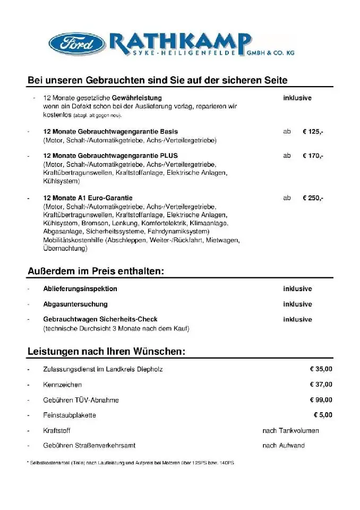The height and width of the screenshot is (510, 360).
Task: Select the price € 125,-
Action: pyautogui.click(x=313, y=132)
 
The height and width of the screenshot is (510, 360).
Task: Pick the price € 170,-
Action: pyautogui.click(x=313, y=156)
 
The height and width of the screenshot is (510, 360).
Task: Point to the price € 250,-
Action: pyautogui.click(x=313, y=198)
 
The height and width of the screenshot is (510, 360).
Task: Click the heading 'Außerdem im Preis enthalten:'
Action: pyautogui.click(x=96, y=271)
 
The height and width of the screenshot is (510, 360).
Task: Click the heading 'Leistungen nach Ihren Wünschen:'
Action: pyautogui.click(x=106, y=352)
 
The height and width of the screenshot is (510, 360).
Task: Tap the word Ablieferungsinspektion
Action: pyautogui.click(x=80, y=289)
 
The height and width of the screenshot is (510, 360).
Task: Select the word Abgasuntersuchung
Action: pyautogui.click(x=75, y=304)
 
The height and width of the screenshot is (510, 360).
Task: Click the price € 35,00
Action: pyautogui.click(x=321, y=369)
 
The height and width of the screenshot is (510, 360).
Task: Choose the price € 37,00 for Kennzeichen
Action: pyautogui.click(x=321, y=385)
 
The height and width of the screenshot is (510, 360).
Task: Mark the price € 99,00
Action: pyautogui.click(x=321, y=400)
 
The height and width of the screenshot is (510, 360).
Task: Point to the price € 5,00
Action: pyautogui.click(x=323, y=415)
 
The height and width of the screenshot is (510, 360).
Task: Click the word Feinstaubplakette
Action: pyautogui.click(x=70, y=415)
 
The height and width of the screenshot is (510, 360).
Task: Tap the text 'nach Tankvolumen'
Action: pyautogui.click(x=290, y=431)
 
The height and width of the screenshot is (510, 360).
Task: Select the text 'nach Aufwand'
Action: pyautogui.click(x=284, y=446)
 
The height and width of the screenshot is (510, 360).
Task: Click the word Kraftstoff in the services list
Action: pyautogui.click(x=57, y=431)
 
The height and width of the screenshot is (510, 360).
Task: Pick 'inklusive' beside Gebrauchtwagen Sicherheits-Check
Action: pyautogui.click(x=297, y=320)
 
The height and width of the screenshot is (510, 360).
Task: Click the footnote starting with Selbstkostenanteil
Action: pyautogui.click(x=130, y=463)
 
